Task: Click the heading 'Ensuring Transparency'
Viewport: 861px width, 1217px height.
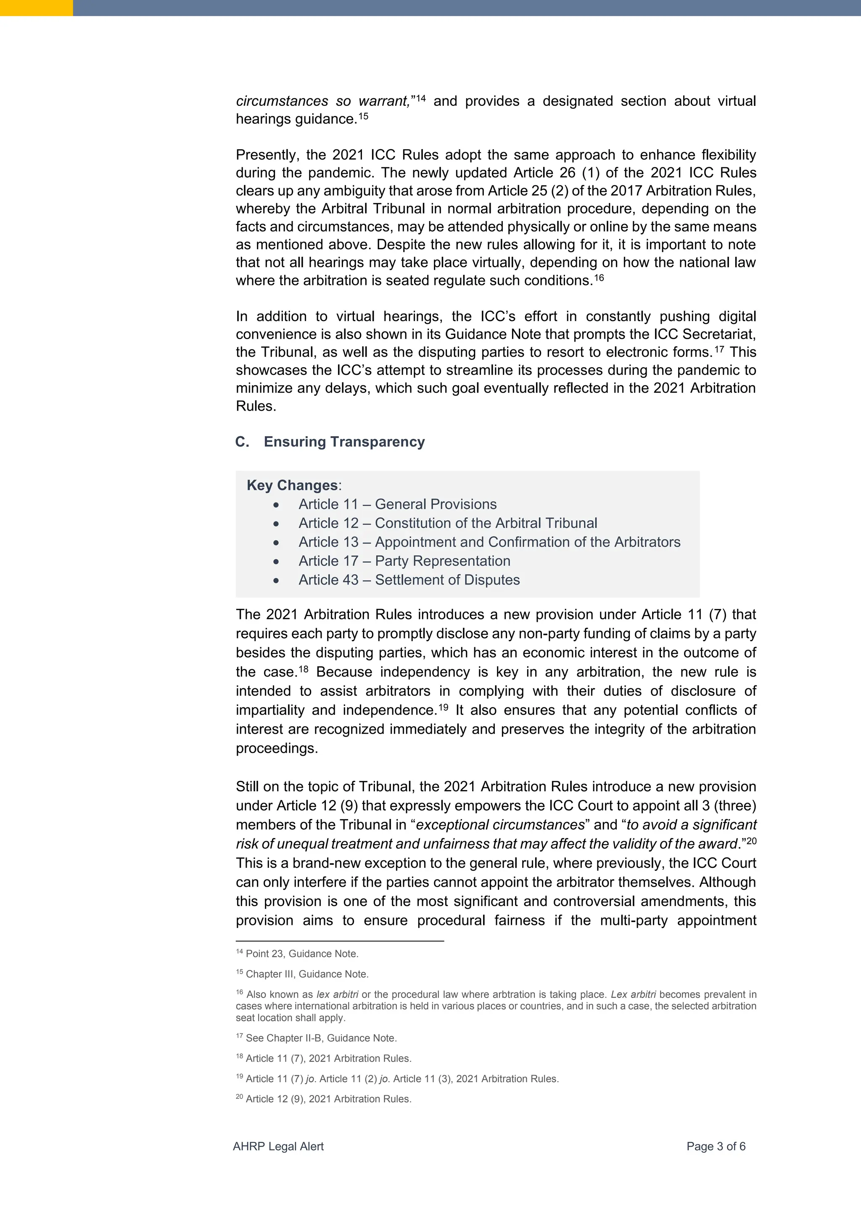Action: [x=344, y=442]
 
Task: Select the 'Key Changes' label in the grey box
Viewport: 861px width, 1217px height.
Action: [x=292, y=485]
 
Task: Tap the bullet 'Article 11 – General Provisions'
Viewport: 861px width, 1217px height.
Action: [x=397, y=504]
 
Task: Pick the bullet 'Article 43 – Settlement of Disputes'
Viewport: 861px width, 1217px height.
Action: [x=409, y=580]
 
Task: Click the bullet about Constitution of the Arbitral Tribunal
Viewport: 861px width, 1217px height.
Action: [x=447, y=523]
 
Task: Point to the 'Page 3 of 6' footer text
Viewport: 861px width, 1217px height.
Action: [x=716, y=1146]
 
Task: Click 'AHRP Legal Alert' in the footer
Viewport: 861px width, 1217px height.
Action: [x=278, y=1146]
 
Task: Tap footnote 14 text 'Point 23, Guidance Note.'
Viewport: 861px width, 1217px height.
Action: [x=302, y=954]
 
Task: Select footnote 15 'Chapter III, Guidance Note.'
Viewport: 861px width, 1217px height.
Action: [x=307, y=974]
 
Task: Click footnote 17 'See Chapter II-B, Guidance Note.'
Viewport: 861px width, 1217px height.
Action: [x=321, y=1038]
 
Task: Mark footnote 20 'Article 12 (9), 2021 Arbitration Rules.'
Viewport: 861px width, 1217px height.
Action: [x=328, y=1099]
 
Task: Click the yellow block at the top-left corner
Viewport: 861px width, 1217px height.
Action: [x=36, y=8]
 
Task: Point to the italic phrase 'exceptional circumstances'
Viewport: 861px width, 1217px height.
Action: [x=500, y=825]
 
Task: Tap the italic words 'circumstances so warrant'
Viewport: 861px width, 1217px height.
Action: [x=322, y=101]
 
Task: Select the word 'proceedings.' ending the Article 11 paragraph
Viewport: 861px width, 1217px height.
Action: [x=277, y=748]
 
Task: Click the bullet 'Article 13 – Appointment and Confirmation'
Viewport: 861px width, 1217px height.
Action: [x=489, y=542]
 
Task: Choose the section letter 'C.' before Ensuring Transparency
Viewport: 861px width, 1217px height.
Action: [x=242, y=442]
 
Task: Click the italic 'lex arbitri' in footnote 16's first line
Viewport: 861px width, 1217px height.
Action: [x=337, y=994]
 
